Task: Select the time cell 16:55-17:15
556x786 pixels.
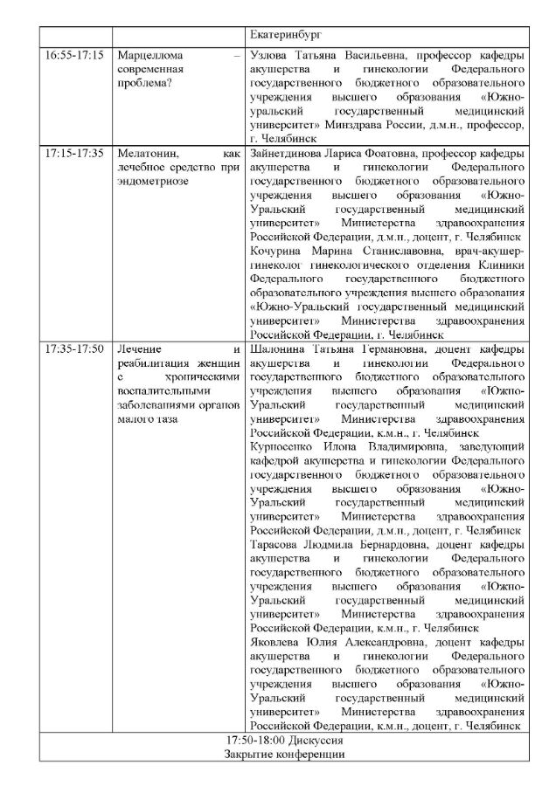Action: [74, 54]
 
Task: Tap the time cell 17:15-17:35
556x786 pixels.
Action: [74, 152]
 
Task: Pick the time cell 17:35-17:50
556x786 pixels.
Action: [74, 348]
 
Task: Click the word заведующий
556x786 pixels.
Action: [490, 447]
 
